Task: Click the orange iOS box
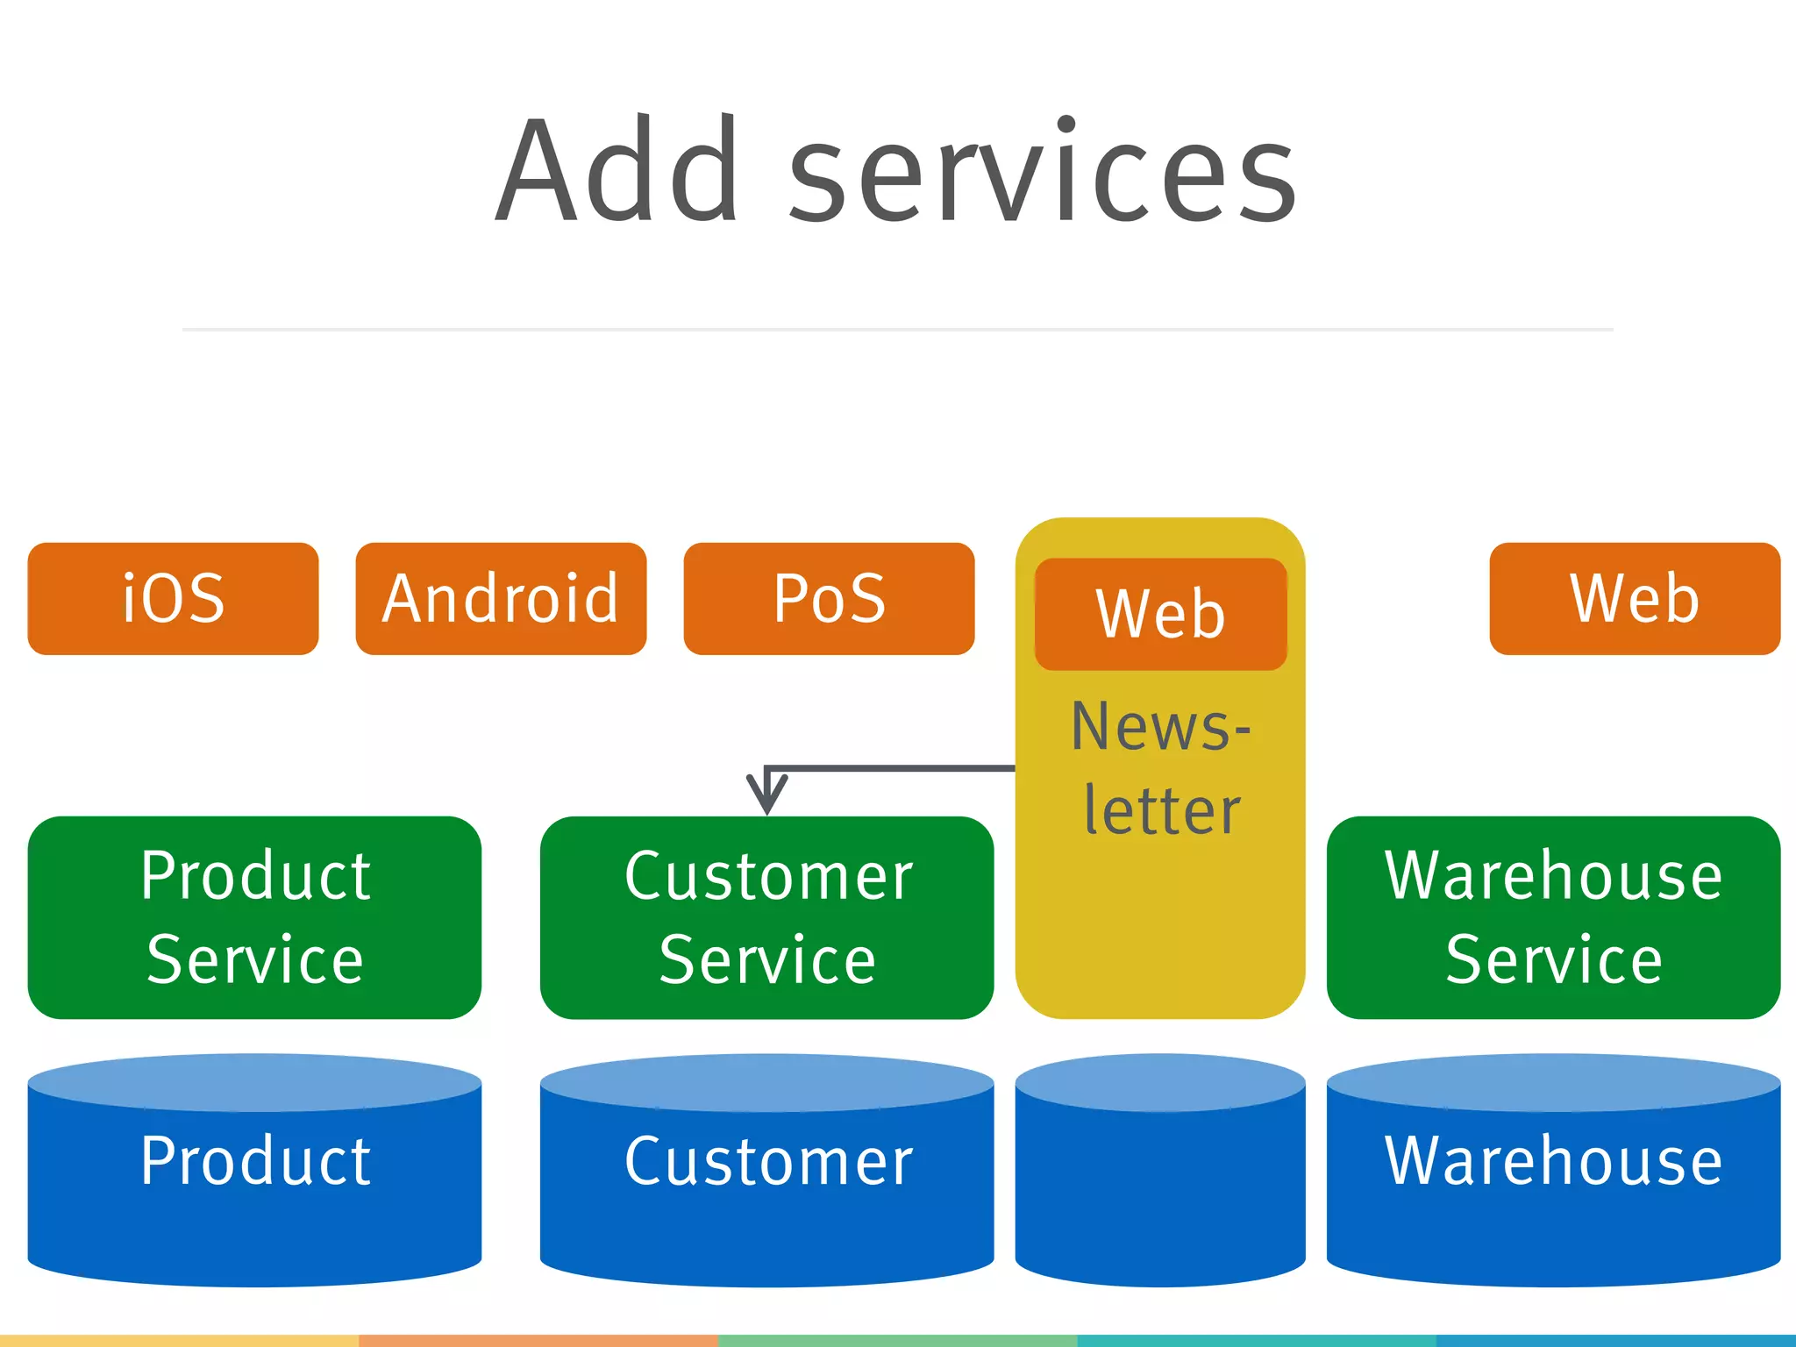pyautogui.click(x=173, y=599)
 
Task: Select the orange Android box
pyautogui.click(x=501, y=599)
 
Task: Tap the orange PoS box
pyautogui.click(x=829, y=599)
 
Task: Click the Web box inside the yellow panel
pyautogui.click(x=1160, y=614)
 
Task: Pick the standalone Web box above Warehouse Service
pyautogui.click(x=1635, y=599)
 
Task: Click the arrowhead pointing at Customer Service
pyautogui.click(x=766, y=795)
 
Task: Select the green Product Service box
pyautogui.click(x=254, y=917)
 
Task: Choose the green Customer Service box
pyautogui.click(x=766, y=917)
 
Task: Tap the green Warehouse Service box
pyautogui.click(x=1553, y=917)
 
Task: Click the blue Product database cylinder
pyautogui.click(x=254, y=1175)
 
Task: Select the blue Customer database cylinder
pyautogui.click(x=766, y=1175)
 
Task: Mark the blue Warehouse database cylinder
pyautogui.click(x=1553, y=1175)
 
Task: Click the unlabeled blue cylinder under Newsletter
pyautogui.click(x=1160, y=1175)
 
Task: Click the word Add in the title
pyautogui.click(x=618, y=171)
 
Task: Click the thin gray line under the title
pyautogui.click(x=897, y=330)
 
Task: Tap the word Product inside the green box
pyautogui.click(x=255, y=876)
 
